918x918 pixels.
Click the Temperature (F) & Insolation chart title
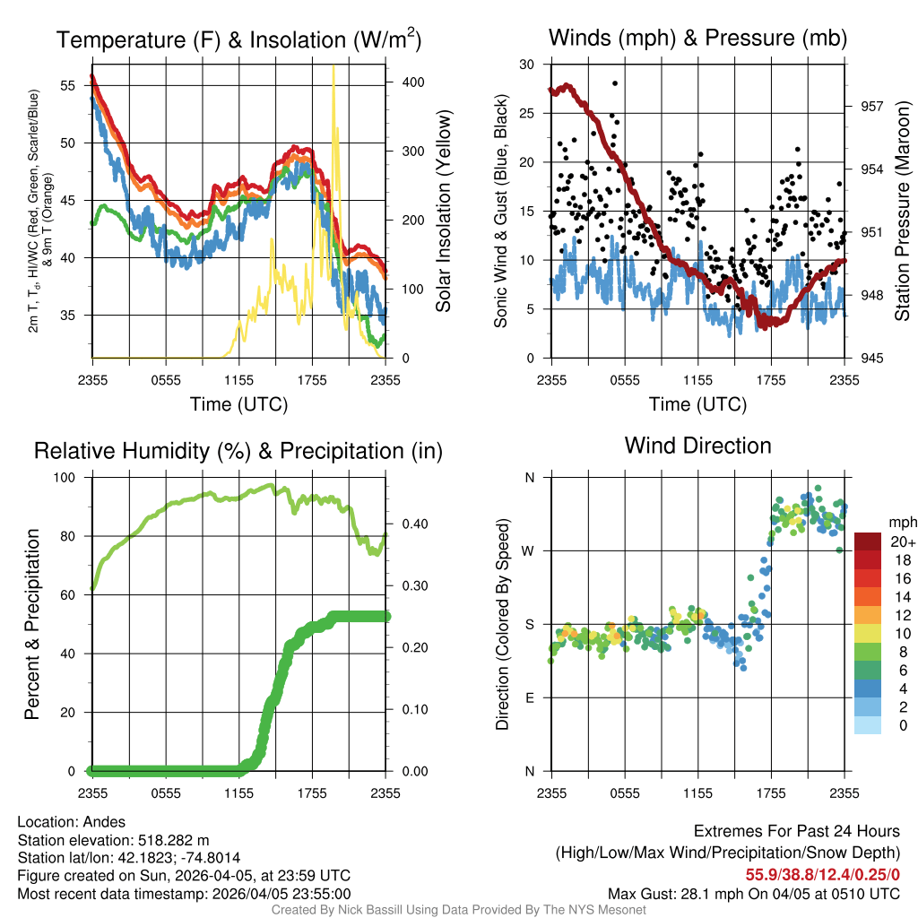[x=238, y=39]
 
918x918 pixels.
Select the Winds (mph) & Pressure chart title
[x=697, y=38]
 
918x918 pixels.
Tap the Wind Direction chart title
[x=697, y=446]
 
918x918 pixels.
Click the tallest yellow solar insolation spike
[x=333, y=68]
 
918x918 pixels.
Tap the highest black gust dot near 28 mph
[x=615, y=83]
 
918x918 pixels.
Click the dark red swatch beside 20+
[x=867, y=541]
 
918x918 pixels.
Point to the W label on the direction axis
[x=529, y=550]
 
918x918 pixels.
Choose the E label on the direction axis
[x=530, y=697]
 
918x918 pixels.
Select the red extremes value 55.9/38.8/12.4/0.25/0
[x=822, y=874]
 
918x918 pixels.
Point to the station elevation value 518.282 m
[x=173, y=840]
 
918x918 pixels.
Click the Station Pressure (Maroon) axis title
[x=903, y=212]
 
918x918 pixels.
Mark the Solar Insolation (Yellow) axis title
[x=443, y=212]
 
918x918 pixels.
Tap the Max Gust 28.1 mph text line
[x=753, y=894]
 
